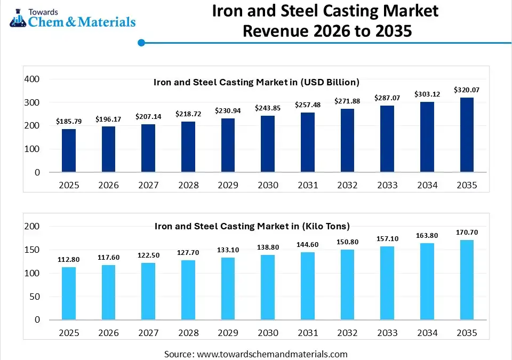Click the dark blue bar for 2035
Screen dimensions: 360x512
pos(467,135)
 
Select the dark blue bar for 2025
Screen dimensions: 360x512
pos(69,150)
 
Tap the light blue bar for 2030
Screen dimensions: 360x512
pos(268,287)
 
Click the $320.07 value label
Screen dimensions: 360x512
pos(467,90)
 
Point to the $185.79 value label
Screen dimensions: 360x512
pos(69,122)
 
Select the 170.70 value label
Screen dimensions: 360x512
pos(467,233)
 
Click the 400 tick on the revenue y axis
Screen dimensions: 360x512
pos(33,79)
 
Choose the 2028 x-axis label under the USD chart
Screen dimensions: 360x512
pos(188,185)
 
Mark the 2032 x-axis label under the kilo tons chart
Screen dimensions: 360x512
pos(347,333)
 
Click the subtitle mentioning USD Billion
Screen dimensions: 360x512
pos(257,82)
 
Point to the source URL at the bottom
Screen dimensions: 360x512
pos(273,354)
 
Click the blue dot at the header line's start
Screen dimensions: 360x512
pos(141,43)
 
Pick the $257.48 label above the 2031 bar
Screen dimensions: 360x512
pos(308,105)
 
